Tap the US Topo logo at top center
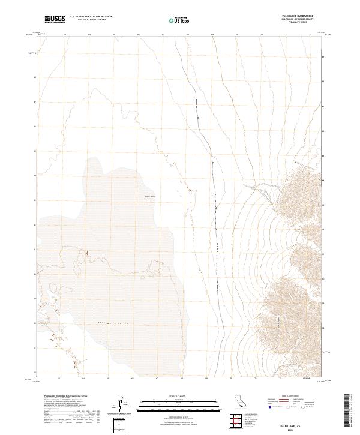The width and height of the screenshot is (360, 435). (181, 20)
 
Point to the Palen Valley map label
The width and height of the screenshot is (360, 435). (150, 196)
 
